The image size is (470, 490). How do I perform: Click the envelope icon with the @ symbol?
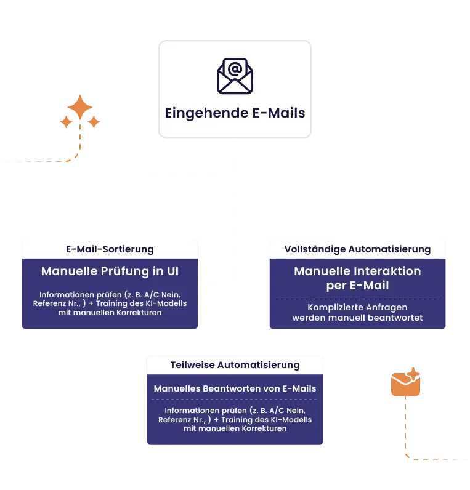(x=235, y=76)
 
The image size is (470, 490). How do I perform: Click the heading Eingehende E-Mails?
(x=235, y=113)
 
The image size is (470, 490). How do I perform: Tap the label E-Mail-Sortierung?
(x=110, y=249)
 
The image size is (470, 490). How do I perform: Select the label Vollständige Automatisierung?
(x=357, y=249)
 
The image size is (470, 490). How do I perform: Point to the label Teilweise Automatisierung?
(x=235, y=365)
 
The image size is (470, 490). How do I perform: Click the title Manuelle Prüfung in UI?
(x=110, y=271)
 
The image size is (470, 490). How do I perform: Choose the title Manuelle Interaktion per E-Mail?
(x=357, y=278)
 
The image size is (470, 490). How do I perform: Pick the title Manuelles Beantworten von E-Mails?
(x=235, y=388)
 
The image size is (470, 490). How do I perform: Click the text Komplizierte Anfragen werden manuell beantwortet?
(x=357, y=312)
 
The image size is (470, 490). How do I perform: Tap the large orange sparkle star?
(x=80, y=108)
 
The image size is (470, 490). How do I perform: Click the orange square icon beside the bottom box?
(x=407, y=383)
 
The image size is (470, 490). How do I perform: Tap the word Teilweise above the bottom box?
(x=193, y=365)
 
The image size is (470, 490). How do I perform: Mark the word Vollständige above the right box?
(x=315, y=249)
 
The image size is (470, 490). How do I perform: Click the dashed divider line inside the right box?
(x=357, y=297)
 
